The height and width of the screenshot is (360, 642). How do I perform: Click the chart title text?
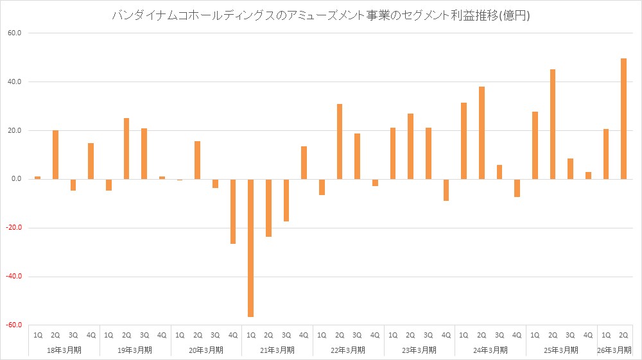click(321, 16)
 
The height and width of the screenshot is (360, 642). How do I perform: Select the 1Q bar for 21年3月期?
click(250, 248)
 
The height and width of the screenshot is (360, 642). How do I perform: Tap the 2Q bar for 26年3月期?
click(623, 119)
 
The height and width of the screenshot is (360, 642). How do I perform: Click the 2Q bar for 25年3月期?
click(553, 124)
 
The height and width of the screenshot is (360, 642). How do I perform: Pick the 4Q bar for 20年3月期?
click(232, 211)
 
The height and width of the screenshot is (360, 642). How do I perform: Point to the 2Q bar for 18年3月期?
click(55, 155)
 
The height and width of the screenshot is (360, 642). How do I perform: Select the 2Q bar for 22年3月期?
click(340, 141)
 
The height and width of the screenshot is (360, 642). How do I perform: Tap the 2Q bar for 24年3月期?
click(481, 133)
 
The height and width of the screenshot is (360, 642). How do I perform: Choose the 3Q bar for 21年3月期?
click(286, 200)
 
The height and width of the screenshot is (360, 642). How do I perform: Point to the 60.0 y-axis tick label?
click(15, 33)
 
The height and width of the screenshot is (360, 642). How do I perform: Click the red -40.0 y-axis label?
click(14, 277)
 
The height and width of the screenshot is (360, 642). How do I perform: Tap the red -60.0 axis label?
click(14, 325)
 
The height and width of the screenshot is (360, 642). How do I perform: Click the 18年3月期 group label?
click(64, 350)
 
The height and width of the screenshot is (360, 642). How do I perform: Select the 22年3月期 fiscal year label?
click(348, 350)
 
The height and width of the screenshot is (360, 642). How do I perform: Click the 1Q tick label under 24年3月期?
click(464, 334)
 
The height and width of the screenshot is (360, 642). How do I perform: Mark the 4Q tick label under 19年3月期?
click(162, 334)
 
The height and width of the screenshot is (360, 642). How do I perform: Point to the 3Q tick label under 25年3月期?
click(570, 334)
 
